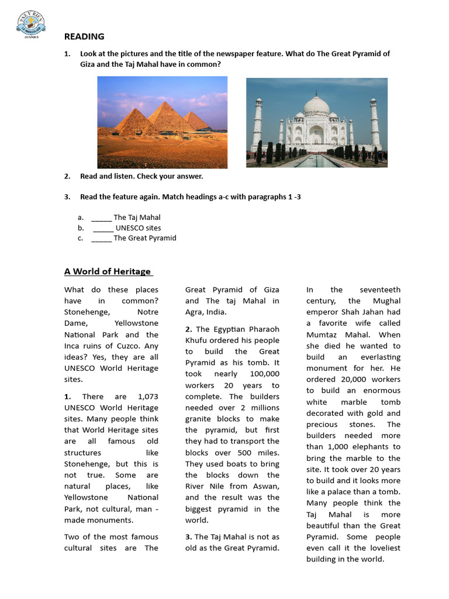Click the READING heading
pos(84,36)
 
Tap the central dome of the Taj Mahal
pos(316,106)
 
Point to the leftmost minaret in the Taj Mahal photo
pos(258,123)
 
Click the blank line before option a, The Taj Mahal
pos(101,218)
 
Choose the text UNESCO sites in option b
pos(138,228)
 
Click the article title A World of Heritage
pos(108,271)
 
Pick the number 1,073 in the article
pos(146,397)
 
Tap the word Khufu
pos(197,340)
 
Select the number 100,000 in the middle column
pos(264,374)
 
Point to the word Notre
pos(147,312)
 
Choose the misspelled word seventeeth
pos(380,290)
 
